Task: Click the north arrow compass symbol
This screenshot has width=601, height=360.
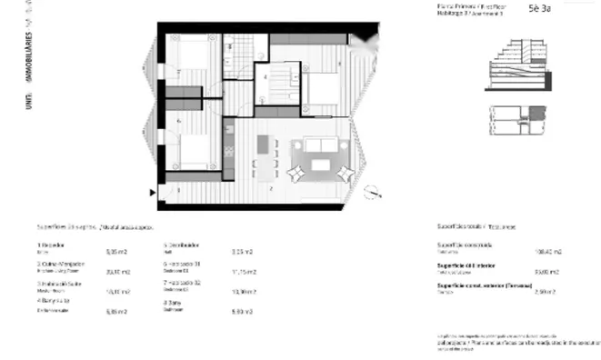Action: point(374,190)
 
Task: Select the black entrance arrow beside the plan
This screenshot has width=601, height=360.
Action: point(152,191)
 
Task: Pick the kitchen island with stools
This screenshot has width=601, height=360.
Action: point(265,156)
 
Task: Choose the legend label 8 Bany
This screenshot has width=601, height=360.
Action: point(174,302)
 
